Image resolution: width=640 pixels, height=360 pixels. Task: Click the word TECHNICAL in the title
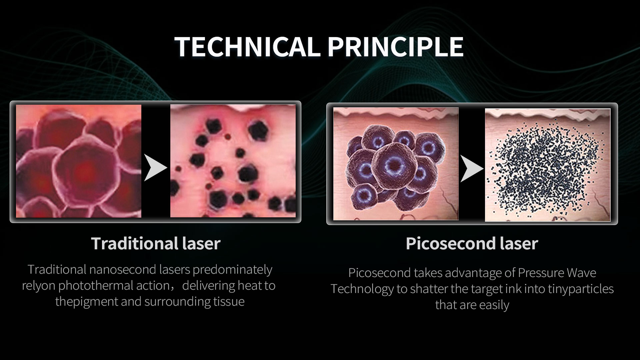click(247, 47)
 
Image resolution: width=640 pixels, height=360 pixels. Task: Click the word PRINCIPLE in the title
click(395, 47)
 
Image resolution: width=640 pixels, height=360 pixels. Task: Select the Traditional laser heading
click(156, 243)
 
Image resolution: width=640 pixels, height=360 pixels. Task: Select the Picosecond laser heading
click(472, 243)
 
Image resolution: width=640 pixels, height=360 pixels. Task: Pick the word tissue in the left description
click(229, 301)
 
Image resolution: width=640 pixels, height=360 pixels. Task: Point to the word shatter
click(430, 289)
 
